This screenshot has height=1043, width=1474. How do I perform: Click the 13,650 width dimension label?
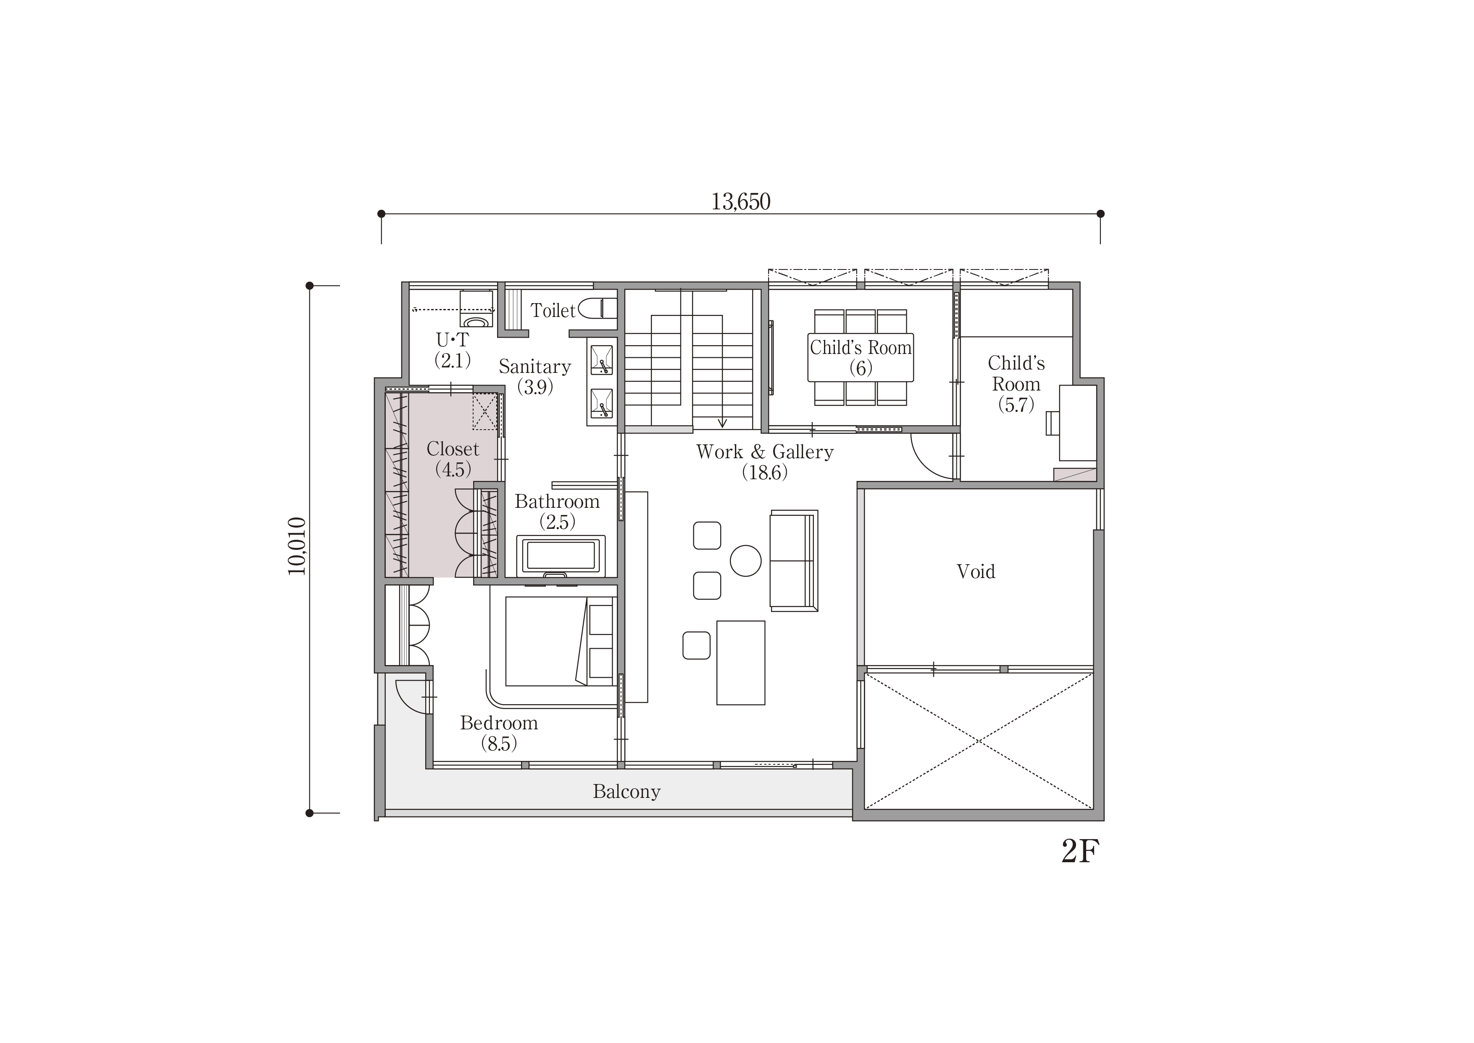coord(740,202)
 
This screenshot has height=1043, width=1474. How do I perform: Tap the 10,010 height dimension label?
coord(297,546)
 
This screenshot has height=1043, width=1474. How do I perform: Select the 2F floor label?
coord(1080,852)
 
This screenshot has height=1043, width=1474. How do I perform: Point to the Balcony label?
coord(626,791)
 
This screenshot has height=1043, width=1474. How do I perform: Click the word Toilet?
coord(553,310)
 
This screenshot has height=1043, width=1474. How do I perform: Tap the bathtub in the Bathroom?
coord(561,555)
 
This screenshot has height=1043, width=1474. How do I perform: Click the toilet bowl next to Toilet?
coord(597,308)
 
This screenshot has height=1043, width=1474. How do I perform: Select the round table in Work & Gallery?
coord(745,561)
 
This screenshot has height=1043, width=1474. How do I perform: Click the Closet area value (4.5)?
coord(453,470)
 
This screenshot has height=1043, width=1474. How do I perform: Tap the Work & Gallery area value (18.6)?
coord(765,473)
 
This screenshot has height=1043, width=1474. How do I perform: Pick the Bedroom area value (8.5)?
coord(499,744)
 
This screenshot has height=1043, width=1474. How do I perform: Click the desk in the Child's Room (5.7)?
coord(1077,422)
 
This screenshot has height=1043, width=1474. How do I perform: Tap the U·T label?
coord(453,340)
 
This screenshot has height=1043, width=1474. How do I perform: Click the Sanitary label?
coord(535,367)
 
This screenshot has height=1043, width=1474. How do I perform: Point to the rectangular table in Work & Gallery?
coord(741,663)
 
